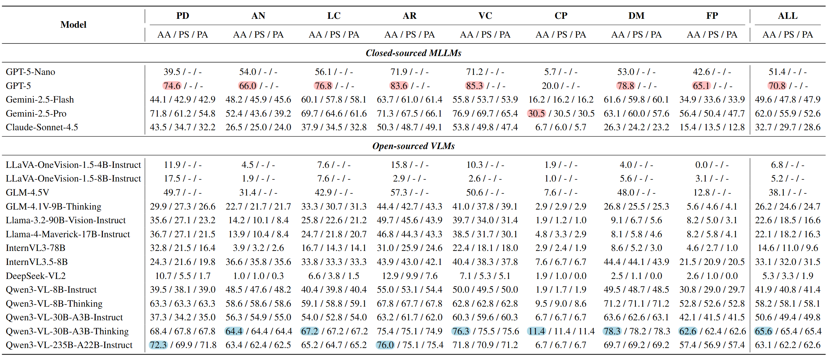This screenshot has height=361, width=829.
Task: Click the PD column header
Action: tap(182, 16)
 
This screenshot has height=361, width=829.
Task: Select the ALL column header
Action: tap(787, 16)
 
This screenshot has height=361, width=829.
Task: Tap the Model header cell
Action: tap(73, 25)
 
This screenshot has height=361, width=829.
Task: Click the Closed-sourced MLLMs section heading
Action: tap(413, 53)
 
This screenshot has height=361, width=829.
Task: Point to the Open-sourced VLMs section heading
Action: tap(413, 146)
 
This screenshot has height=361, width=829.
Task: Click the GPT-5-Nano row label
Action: tap(30, 72)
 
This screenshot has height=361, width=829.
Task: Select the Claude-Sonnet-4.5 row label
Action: tap(42, 127)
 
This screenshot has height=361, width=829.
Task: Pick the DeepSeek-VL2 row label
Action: tap(36, 276)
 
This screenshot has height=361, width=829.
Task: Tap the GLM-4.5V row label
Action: tap(27, 192)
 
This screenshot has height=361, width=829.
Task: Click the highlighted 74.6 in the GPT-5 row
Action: tap(171, 86)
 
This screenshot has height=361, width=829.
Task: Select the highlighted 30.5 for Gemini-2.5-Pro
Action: tap(536, 113)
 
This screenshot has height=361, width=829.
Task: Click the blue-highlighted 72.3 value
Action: tap(158, 345)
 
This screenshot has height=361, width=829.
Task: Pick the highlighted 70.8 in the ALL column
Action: tap(777, 86)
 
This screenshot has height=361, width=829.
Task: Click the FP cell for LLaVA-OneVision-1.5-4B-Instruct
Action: tap(712, 165)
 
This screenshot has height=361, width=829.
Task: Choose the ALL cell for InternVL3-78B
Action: tap(787, 248)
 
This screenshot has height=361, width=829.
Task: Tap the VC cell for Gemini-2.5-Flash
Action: tap(485, 99)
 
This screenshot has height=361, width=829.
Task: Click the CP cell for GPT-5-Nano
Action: tap(561, 72)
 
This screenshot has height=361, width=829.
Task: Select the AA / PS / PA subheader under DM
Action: tap(636, 35)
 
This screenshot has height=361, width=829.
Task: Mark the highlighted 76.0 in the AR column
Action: tap(385, 345)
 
